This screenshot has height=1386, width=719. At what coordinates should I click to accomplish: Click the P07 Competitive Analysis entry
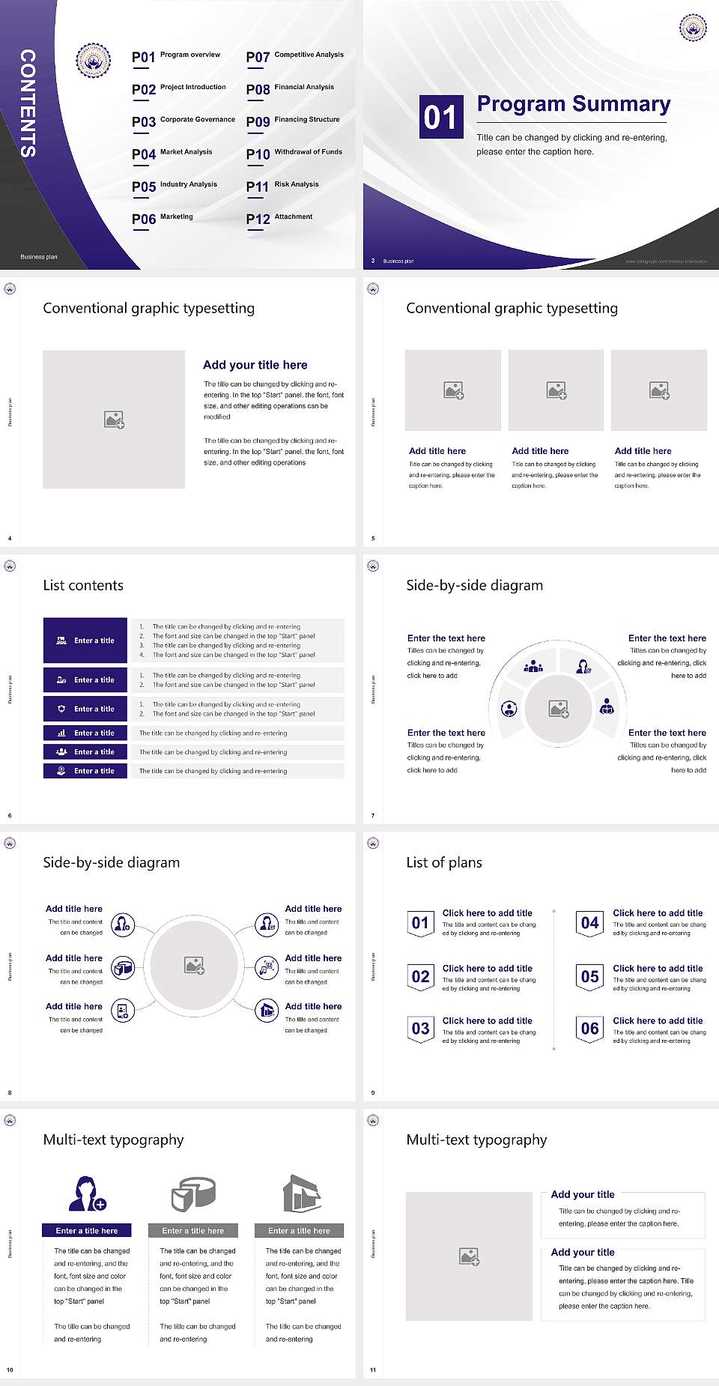pos(295,56)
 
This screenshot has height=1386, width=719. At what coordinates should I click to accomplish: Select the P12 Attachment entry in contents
pos(279,218)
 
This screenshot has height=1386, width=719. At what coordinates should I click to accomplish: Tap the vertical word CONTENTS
pos(28,103)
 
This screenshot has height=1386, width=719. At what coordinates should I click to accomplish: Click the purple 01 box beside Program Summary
pos(440,117)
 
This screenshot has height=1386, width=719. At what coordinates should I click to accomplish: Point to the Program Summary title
pos(573,104)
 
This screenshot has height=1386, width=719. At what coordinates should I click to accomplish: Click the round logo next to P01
pos(94,61)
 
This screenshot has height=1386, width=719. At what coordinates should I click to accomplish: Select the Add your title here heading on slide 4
pos(255,365)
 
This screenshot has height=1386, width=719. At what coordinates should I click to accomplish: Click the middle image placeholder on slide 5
pos(556,390)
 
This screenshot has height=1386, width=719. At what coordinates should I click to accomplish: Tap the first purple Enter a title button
pos(85,641)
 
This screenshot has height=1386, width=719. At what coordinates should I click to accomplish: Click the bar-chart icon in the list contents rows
pos(61,733)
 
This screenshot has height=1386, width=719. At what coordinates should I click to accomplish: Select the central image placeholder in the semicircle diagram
pos(558,709)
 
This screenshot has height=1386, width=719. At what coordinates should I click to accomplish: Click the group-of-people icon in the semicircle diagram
pos(533,665)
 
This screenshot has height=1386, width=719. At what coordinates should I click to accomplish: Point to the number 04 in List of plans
pos(590,923)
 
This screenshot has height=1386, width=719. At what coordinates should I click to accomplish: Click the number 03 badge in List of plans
pos(421,1029)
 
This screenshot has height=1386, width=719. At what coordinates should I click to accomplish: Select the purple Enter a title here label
pos(87,1231)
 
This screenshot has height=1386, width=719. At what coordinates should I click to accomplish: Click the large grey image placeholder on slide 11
pos(469,1256)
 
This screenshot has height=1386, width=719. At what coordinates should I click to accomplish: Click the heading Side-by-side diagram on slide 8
pos(112,862)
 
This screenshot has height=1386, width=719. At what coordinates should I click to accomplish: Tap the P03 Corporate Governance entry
pos(183,121)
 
